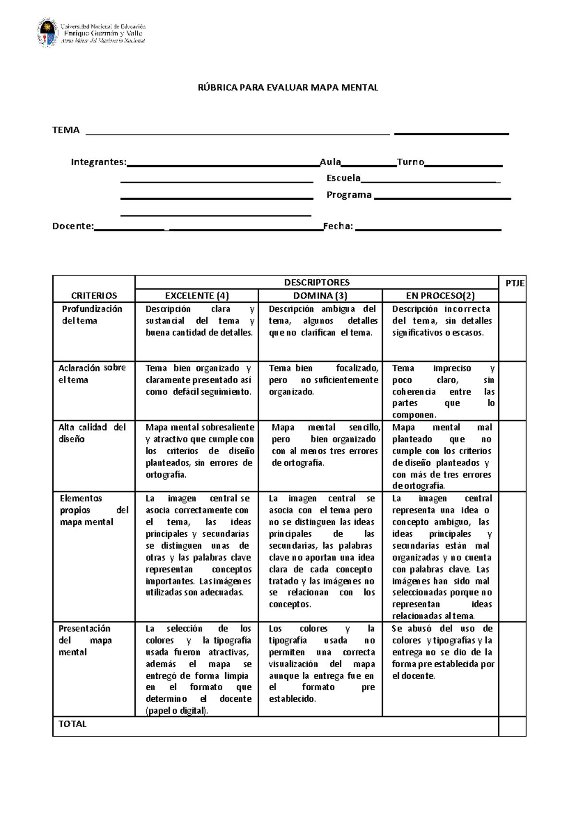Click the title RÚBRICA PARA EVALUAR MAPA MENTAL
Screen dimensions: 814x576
(x=288, y=87)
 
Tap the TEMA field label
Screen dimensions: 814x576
(x=66, y=130)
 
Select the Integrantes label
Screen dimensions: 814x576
(x=99, y=162)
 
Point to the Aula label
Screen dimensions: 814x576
(x=330, y=162)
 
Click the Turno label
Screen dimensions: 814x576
(x=410, y=162)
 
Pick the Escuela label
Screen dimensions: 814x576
(x=343, y=178)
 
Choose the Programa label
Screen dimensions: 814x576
(x=349, y=195)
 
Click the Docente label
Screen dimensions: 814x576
(x=73, y=227)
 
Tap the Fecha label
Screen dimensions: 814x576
(x=338, y=227)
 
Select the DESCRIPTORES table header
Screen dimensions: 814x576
(x=317, y=282)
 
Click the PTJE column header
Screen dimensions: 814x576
(x=515, y=283)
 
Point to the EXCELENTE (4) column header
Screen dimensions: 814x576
(x=197, y=296)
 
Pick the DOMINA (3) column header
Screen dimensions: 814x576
(x=320, y=296)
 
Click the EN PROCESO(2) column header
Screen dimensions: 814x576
(x=440, y=296)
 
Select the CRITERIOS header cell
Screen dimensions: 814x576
(x=94, y=296)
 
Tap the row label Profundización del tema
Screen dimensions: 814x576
(x=92, y=315)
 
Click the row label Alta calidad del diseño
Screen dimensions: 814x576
(x=92, y=433)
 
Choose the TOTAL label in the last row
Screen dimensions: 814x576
(x=72, y=724)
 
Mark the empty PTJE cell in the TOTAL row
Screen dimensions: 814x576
(x=512, y=726)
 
